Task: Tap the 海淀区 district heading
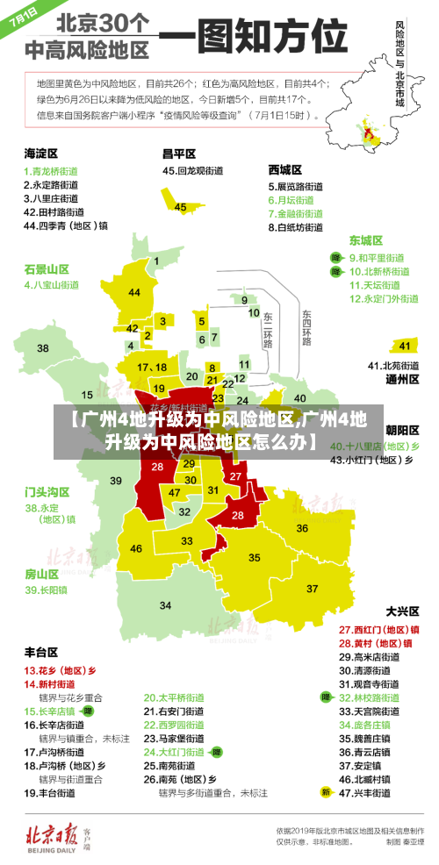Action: (40, 153)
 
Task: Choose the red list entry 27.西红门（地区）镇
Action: (378, 630)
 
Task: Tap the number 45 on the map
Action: (180, 207)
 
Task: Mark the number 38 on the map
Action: (42, 348)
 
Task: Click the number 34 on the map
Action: (165, 605)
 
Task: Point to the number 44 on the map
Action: (134, 292)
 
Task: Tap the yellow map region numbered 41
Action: (404, 346)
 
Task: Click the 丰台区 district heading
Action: (40, 652)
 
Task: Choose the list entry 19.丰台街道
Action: (53, 792)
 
